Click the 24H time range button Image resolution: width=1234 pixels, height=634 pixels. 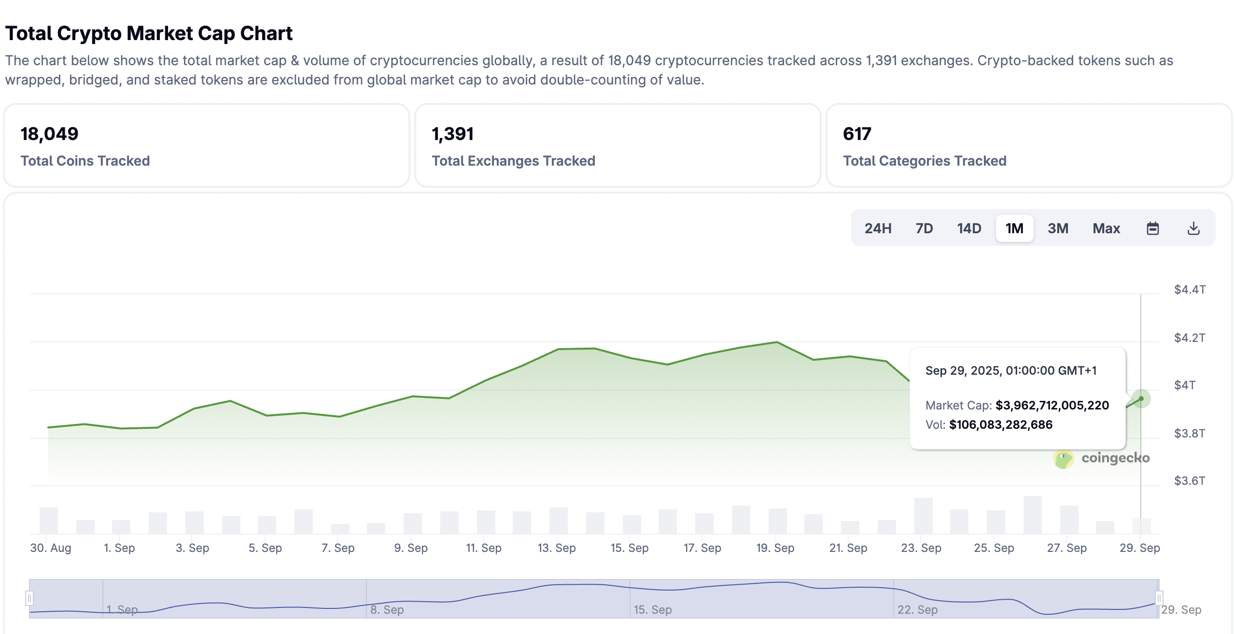pyautogui.click(x=877, y=228)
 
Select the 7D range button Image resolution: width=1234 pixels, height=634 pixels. pyautogui.click(x=924, y=228)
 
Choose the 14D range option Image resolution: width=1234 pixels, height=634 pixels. pyautogui.click(x=969, y=228)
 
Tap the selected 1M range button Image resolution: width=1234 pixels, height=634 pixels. pyautogui.click(x=1014, y=228)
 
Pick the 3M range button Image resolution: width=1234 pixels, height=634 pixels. pyautogui.click(x=1058, y=228)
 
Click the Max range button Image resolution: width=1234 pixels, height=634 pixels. pyautogui.click(x=1106, y=228)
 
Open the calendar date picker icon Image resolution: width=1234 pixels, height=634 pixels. pyautogui.click(x=1152, y=228)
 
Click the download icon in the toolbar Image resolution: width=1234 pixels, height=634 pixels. pyautogui.click(x=1193, y=228)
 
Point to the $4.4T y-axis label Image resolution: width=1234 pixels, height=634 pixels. pyautogui.click(x=1190, y=290)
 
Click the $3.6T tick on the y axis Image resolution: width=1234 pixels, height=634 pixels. pyautogui.click(x=1190, y=481)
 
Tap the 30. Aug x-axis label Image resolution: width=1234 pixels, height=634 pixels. pyautogui.click(x=51, y=548)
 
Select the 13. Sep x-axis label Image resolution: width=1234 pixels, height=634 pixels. pyautogui.click(x=557, y=548)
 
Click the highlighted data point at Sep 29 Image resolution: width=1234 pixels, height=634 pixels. pyautogui.click(x=1141, y=399)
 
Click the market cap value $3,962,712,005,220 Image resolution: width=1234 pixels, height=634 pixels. pyautogui.click(x=1052, y=405)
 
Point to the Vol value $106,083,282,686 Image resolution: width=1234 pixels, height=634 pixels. pyautogui.click(x=1001, y=424)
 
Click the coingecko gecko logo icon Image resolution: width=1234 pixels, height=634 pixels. pyautogui.click(x=1064, y=458)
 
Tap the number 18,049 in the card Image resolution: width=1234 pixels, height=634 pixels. pyautogui.click(x=49, y=134)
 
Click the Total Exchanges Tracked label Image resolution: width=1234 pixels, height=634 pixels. pyautogui.click(x=513, y=161)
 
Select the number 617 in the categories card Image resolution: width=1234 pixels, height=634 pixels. pyautogui.click(x=857, y=134)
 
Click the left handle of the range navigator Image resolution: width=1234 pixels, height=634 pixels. pyautogui.click(x=29, y=598)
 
